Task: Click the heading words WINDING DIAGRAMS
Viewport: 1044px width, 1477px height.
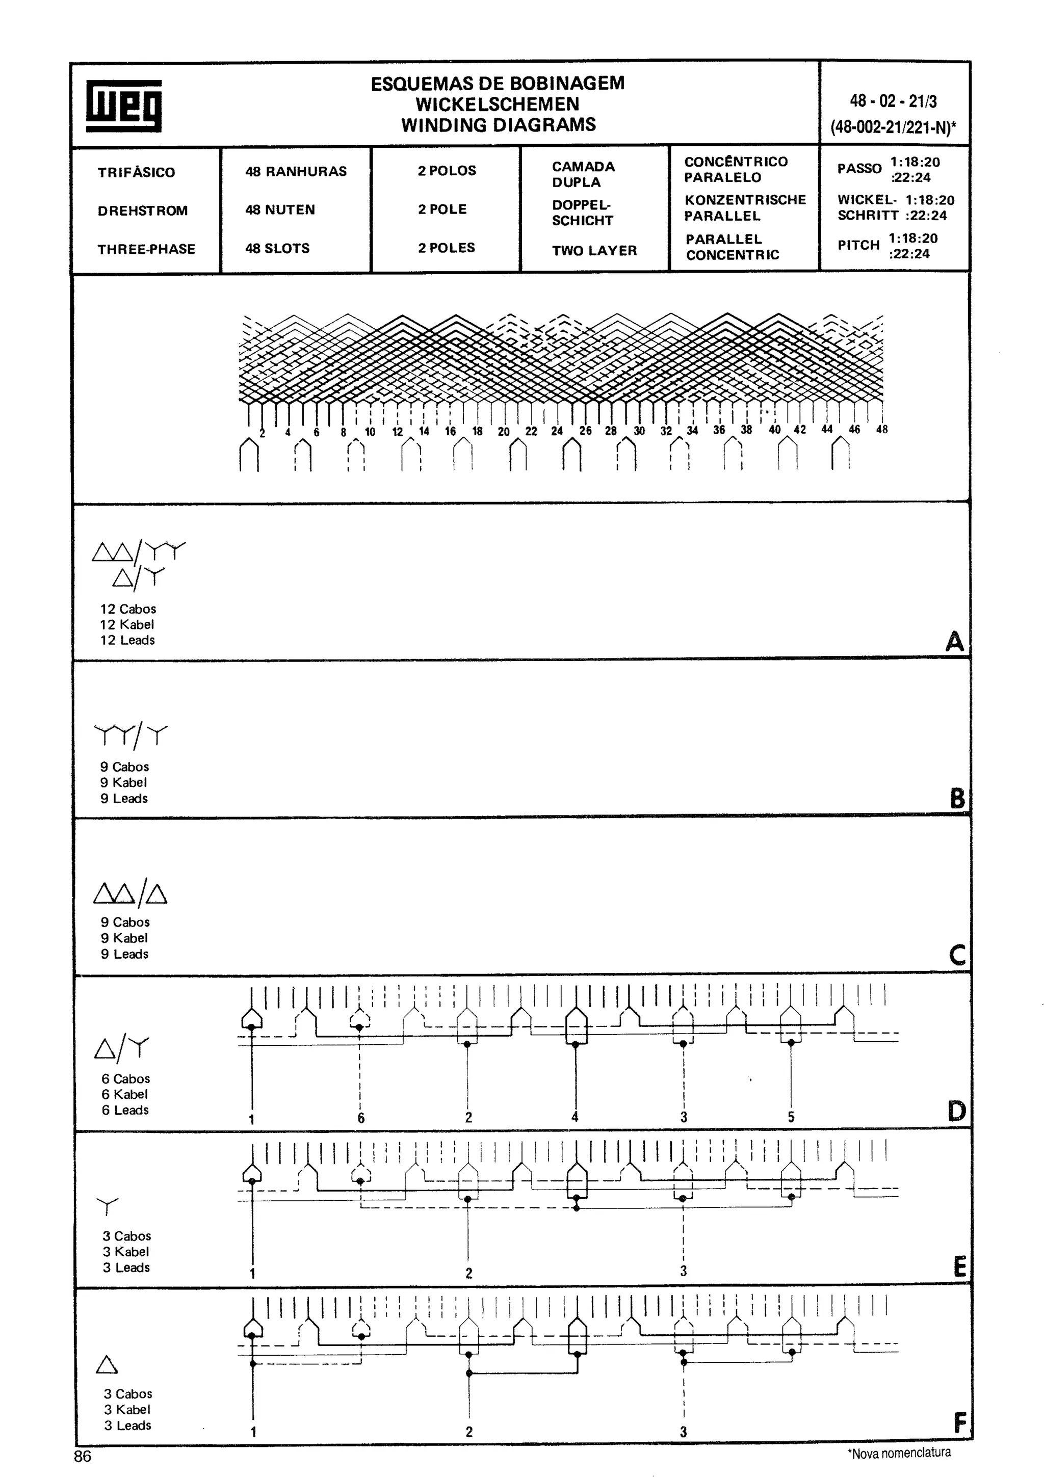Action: pyautogui.click(x=499, y=125)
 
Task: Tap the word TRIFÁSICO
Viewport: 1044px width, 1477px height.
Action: pyautogui.click(x=137, y=172)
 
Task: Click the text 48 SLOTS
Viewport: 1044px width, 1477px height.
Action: pyautogui.click(x=277, y=248)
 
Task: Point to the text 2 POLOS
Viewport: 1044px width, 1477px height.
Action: pyautogui.click(x=447, y=170)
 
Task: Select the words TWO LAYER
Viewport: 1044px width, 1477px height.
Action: pyautogui.click(x=594, y=250)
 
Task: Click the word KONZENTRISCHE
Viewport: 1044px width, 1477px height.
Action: pyautogui.click(x=745, y=200)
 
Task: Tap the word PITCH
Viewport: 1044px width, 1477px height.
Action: pyautogui.click(x=858, y=245)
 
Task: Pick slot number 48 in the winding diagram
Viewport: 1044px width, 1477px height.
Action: pyautogui.click(x=881, y=429)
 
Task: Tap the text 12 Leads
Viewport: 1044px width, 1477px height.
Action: pyautogui.click(x=127, y=640)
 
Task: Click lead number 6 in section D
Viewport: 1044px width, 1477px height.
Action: pyautogui.click(x=361, y=1118)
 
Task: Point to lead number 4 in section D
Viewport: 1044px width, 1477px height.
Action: pyautogui.click(x=575, y=1117)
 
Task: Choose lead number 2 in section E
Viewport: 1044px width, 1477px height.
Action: pyautogui.click(x=468, y=1273)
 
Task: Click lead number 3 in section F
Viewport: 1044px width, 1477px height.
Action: pyautogui.click(x=683, y=1431)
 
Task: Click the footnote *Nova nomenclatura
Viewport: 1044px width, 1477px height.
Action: pyautogui.click(x=899, y=1453)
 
